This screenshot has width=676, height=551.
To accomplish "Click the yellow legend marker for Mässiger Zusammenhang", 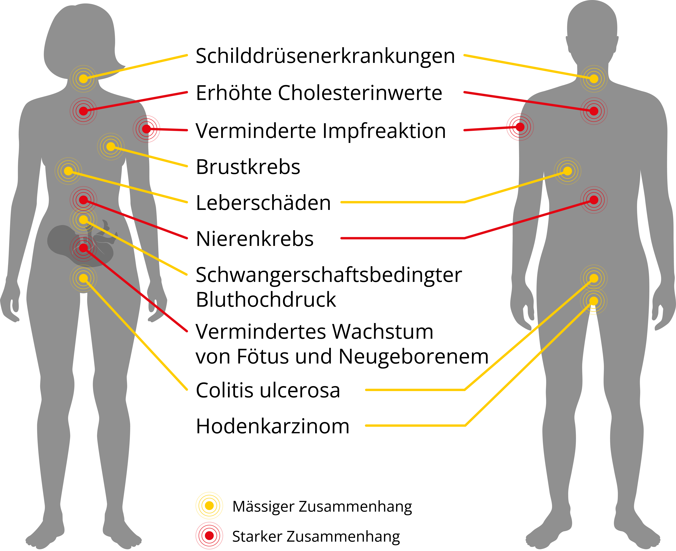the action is (209, 506).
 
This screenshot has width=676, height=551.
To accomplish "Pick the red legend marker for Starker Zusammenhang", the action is (209, 536).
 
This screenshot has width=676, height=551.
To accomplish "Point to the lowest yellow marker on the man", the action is (594, 301).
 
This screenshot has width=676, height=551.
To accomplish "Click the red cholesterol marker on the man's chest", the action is (594, 111).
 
